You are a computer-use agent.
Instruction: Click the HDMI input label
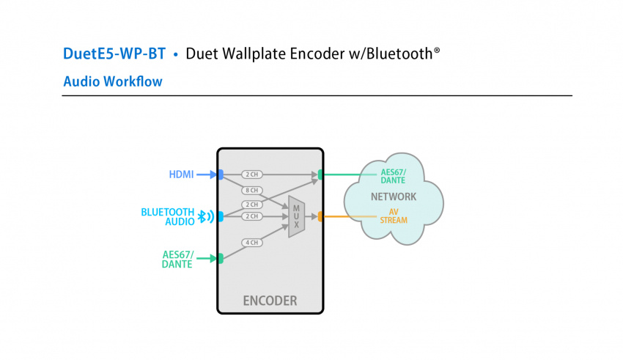181,175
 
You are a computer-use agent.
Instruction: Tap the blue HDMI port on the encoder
220,175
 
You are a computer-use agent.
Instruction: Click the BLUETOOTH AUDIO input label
168,216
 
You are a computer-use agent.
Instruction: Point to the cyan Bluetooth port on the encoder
220,216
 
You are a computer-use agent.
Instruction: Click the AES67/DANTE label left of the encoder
177,259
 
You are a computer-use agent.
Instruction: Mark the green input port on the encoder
220,258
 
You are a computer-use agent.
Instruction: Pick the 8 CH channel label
252,191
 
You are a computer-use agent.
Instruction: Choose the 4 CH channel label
252,243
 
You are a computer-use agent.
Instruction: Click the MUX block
296,216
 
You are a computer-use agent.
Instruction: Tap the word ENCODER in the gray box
270,301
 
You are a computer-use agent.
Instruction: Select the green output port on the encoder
320,175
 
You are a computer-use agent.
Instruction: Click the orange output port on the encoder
320,216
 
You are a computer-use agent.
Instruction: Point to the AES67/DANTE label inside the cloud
394,176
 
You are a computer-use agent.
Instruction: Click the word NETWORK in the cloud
394,196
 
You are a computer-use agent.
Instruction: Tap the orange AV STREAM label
394,216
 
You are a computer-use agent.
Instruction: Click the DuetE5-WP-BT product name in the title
114,54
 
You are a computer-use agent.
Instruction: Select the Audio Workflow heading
113,81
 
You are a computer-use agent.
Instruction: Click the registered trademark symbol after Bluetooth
437,51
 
